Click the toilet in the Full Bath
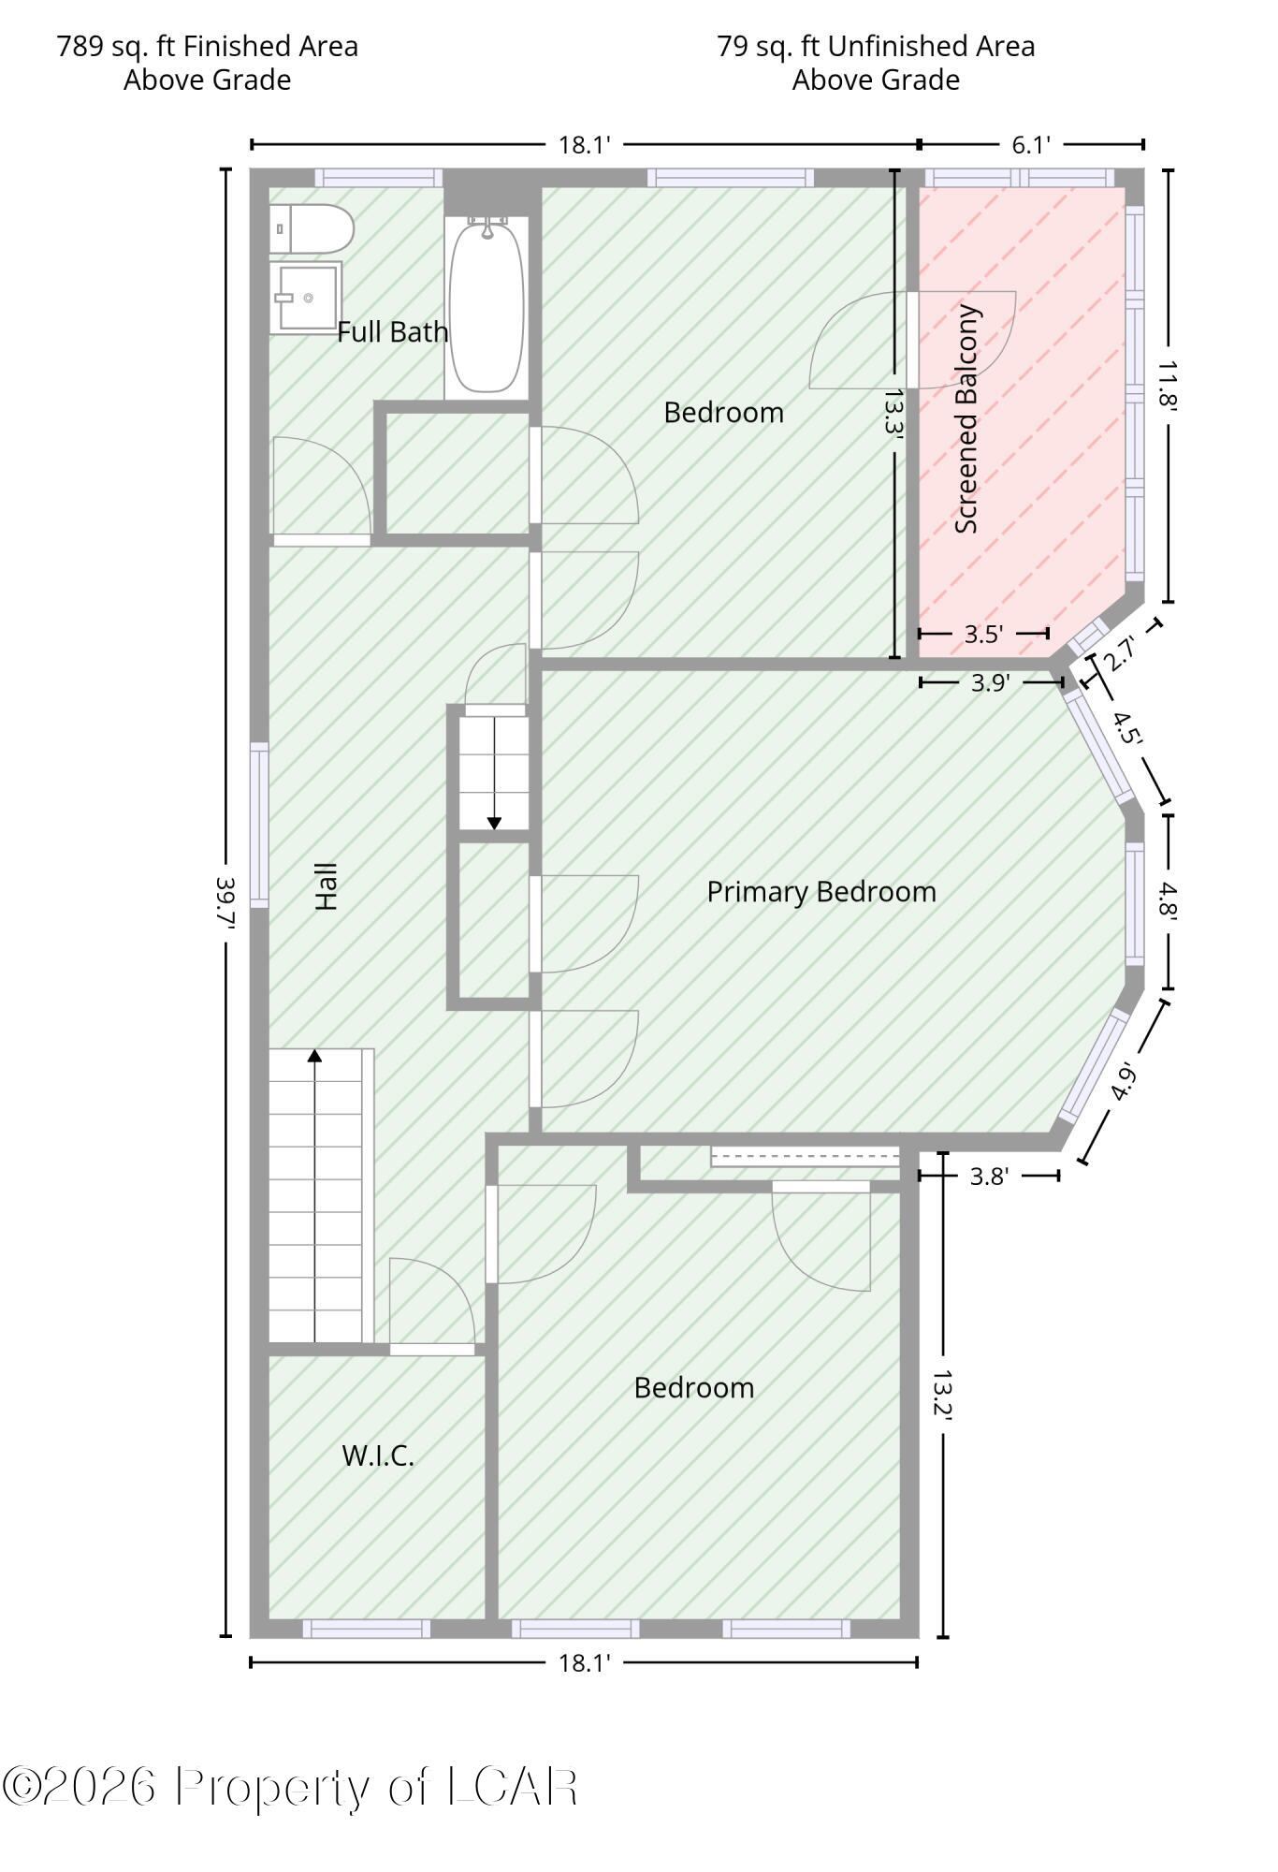pos(312,229)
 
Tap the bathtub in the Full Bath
pos(487,304)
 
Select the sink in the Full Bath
pos(306,298)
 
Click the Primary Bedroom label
pos(821,891)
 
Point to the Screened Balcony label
pos(966,419)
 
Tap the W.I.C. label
pos(378,1455)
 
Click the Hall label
pos(326,886)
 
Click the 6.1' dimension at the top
pos(1031,144)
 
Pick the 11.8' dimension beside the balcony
pos(1168,386)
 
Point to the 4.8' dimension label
pos(1168,902)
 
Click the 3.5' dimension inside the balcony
pos(983,634)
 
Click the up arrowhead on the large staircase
pos(315,1056)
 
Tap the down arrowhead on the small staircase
pos(494,824)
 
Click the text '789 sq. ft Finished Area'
pos(208,46)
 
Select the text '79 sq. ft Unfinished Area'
pos(877,46)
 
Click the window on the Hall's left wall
pos(259,825)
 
